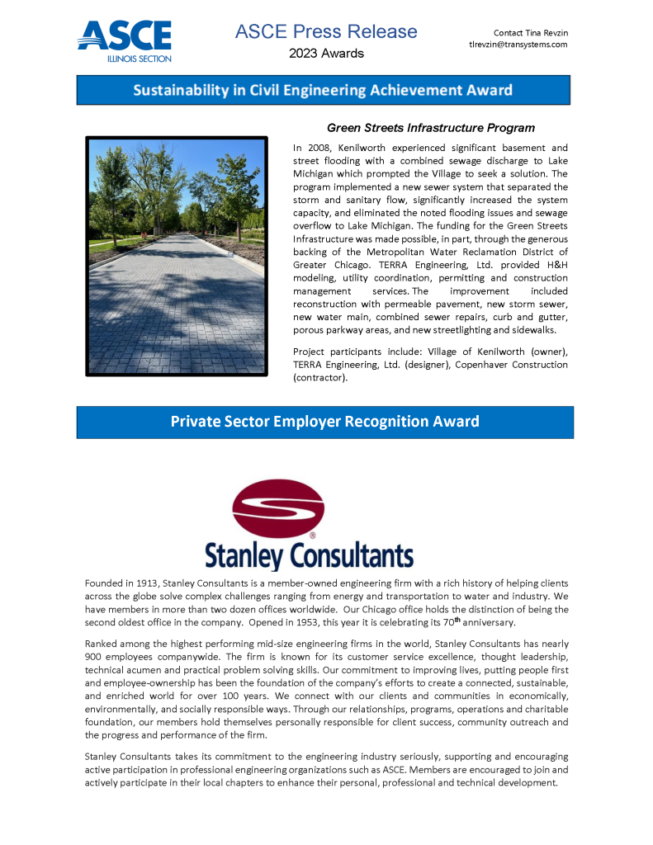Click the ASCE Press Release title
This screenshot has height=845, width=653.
click(326, 32)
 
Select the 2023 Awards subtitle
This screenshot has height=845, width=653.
click(326, 54)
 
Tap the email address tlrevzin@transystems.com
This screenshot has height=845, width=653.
click(518, 45)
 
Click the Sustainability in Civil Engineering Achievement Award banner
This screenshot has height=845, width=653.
click(324, 90)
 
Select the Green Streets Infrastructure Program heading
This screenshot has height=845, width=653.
click(431, 128)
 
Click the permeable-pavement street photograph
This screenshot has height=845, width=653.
click(177, 257)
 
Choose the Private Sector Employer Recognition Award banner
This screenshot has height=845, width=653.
click(324, 422)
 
